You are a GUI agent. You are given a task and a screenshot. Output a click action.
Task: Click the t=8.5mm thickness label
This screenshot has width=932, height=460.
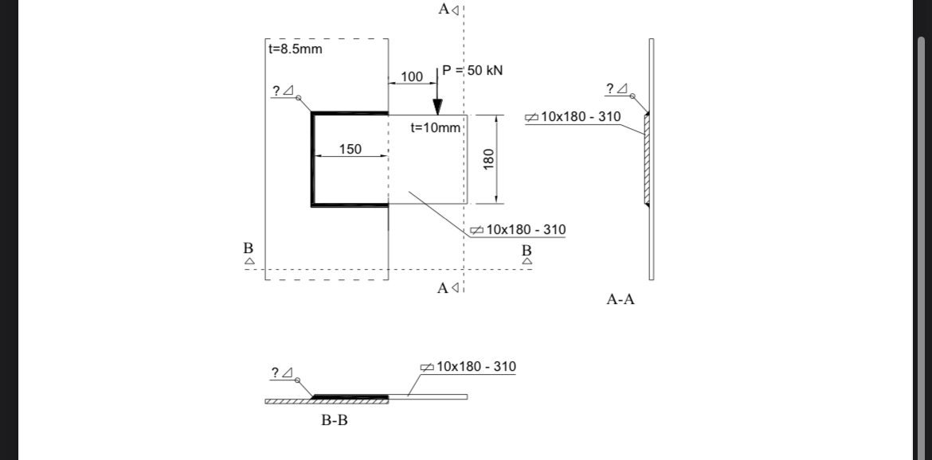pyautogui.click(x=296, y=49)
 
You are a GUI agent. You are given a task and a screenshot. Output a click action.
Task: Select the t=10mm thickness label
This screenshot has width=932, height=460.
pyautogui.click(x=435, y=127)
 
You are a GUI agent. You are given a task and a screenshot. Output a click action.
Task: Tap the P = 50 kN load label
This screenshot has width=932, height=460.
pyautogui.click(x=472, y=70)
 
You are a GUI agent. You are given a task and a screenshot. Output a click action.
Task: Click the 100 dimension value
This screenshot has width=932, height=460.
pyautogui.click(x=411, y=76)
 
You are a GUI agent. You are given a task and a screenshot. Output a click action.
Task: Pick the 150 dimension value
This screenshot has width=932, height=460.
pyautogui.click(x=350, y=149)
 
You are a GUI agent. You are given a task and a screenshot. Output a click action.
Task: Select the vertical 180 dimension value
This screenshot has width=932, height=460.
pyautogui.click(x=489, y=158)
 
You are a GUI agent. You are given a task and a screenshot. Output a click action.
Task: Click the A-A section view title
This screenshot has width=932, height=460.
pyautogui.click(x=621, y=300)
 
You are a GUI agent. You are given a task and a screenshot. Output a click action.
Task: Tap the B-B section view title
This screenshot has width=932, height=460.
pyautogui.click(x=334, y=420)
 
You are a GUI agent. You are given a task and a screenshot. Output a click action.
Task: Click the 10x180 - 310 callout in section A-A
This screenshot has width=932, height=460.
pyautogui.click(x=580, y=117)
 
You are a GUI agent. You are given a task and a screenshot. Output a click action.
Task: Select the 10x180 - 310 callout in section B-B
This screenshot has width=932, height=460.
pyautogui.click(x=476, y=366)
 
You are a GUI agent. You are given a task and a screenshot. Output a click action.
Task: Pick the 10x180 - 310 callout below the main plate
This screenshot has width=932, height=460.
pyautogui.click(x=525, y=229)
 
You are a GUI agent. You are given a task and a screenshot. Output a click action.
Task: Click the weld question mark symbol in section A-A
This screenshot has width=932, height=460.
pyautogui.click(x=610, y=88)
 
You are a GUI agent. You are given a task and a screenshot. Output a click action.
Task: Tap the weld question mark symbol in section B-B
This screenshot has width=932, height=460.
pyautogui.click(x=276, y=372)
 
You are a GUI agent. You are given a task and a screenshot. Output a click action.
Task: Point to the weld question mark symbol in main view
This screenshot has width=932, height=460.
pyautogui.click(x=276, y=91)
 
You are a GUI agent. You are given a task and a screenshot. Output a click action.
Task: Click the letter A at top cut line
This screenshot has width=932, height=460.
pyautogui.click(x=444, y=10)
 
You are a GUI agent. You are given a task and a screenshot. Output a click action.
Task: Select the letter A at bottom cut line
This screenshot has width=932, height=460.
pyautogui.click(x=443, y=288)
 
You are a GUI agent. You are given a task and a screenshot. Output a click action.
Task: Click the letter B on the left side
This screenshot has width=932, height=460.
pyautogui.click(x=248, y=248)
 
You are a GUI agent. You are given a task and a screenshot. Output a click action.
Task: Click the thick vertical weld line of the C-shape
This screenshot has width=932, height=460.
pyautogui.click(x=312, y=159)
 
